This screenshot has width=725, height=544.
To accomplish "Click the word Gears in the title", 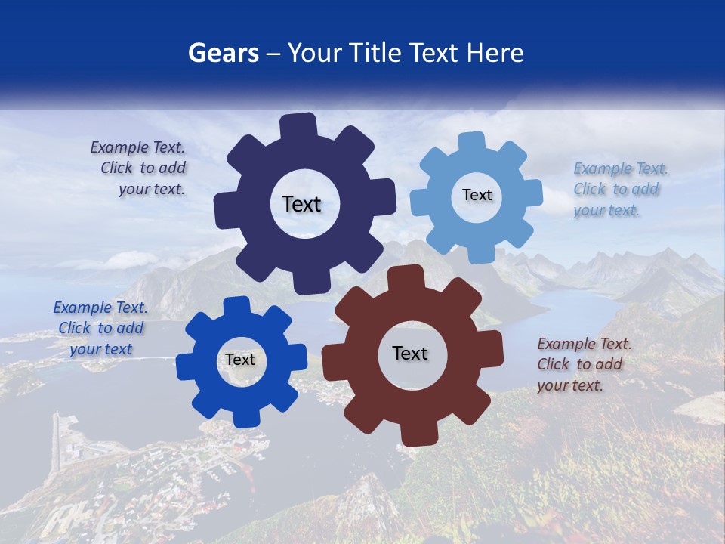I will [223, 53].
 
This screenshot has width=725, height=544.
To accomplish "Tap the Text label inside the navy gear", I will [301, 204].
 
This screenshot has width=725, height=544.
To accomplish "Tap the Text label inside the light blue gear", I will [477, 195].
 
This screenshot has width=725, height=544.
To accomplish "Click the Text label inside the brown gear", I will [410, 354].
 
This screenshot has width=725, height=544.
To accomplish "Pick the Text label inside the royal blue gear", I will [240, 360].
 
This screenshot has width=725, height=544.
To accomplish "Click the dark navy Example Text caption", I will [139, 168].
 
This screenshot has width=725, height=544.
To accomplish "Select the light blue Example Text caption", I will [618, 189].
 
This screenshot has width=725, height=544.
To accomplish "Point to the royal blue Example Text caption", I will [100, 328].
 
